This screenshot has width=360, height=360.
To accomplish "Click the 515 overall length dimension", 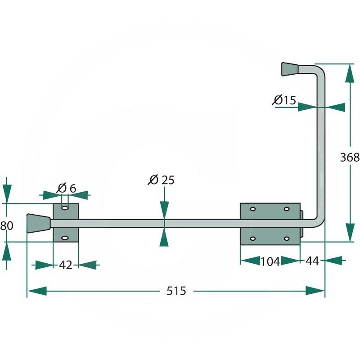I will (x=176, y=291).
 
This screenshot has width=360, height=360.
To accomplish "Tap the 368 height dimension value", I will (x=350, y=157).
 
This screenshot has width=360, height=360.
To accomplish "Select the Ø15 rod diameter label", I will (x=284, y=100).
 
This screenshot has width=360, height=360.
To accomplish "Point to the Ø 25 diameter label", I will (x=161, y=180).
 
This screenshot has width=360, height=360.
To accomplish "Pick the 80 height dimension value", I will (x=6, y=225).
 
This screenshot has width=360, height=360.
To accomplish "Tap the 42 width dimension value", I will (x=66, y=265).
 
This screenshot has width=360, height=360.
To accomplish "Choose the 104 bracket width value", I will (x=270, y=261).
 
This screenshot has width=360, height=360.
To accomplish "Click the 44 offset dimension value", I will (x=312, y=261).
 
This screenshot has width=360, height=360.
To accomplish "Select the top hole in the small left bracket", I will (x=66, y=209).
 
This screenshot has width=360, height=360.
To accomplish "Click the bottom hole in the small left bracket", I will (x=66, y=238).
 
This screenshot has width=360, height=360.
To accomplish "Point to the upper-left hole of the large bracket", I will (x=252, y=210).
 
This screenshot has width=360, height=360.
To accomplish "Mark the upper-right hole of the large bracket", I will (x=287, y=210).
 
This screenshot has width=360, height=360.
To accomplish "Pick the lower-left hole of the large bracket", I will (x=252, y=238).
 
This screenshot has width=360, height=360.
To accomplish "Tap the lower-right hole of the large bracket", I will (x=287, y=238).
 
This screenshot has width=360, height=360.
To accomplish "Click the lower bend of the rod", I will (x=319, y=221).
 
